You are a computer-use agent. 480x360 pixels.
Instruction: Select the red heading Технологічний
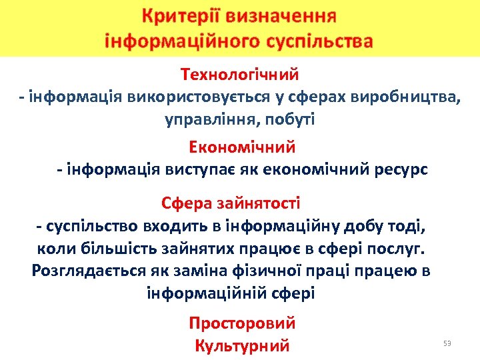click(239, 75)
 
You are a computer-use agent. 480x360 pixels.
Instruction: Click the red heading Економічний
click(242, 147)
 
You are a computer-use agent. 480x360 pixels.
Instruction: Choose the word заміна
click(221, 271)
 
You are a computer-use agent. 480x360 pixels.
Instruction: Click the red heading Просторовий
click(242, 323)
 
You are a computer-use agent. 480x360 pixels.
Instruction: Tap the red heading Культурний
click(242, 346)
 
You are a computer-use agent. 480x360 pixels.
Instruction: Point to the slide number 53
click(447, 343)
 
